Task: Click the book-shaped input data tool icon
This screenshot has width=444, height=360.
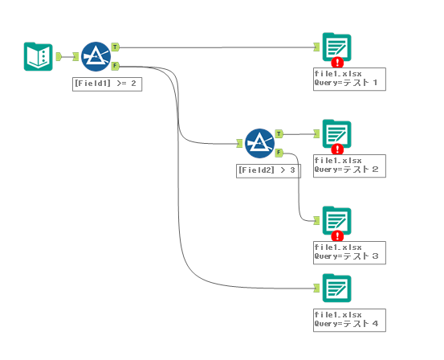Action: pos(39,56)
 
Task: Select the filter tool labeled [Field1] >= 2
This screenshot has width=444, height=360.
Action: pos(96,57)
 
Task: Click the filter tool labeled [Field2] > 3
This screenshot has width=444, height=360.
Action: pos(259,143)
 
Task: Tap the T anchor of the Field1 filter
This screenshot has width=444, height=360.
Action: pos(115,47)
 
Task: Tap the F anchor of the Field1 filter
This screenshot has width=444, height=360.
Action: pos(115,66)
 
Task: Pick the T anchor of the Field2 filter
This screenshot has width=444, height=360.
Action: pos(279,134)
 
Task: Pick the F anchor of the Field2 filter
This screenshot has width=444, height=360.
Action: pos(279,153)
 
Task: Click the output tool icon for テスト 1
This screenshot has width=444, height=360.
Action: pos(337,47)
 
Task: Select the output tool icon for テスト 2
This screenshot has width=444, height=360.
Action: pos(337,134)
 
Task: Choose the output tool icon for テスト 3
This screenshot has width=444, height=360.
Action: pos(337,220)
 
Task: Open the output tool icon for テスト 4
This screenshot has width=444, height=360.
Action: pos(337,288)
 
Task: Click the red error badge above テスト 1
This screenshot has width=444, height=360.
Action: pos(337,63)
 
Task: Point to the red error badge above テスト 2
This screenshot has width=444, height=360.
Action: pos(337,149)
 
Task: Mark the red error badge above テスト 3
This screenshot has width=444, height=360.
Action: pos(337,235)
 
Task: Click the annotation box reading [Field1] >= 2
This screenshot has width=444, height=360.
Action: pos(108,84)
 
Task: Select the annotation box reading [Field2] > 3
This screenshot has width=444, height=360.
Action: pos(268,171)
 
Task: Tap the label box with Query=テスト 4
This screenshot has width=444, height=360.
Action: pos(349,321)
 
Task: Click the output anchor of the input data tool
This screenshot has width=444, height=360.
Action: pos(59,56)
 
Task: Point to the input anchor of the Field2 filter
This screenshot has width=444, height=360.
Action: pos(239,143)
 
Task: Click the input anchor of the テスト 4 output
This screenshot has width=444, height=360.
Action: pos(316,288)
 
